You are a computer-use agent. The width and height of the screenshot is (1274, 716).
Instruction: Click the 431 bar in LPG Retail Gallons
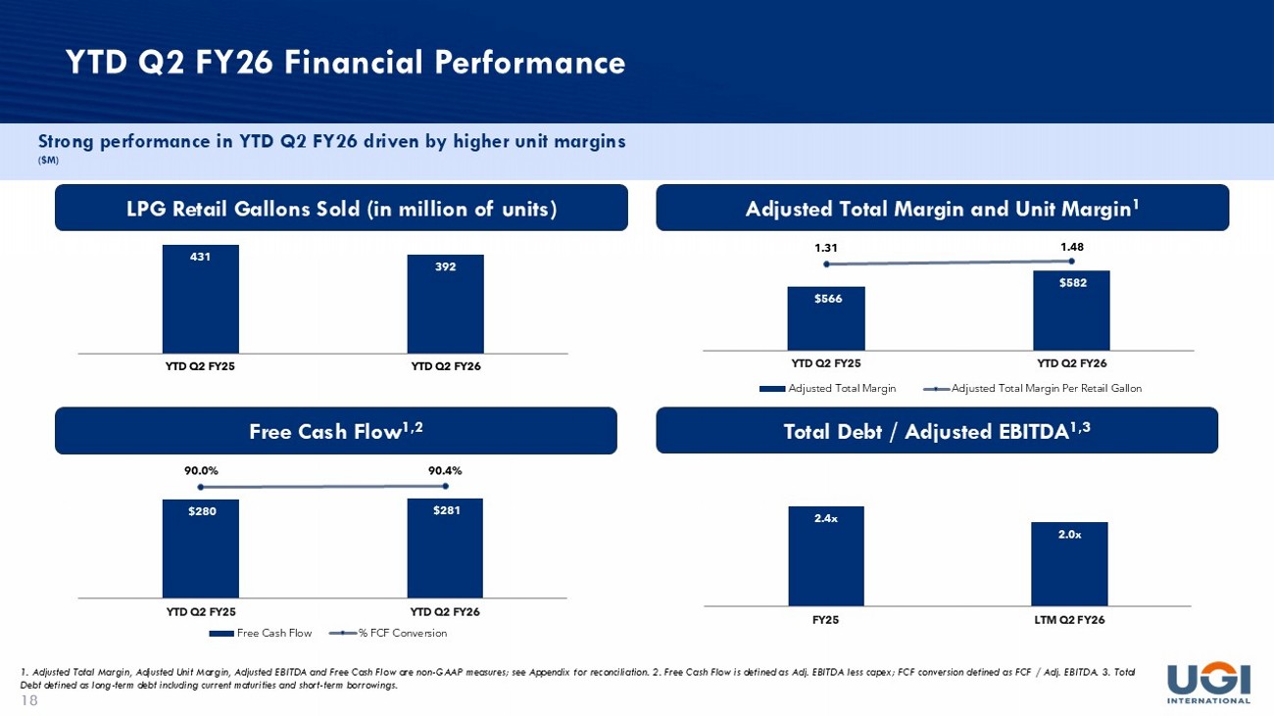[x=201, y=299]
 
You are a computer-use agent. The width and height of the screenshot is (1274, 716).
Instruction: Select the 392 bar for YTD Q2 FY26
[x=445, y=304]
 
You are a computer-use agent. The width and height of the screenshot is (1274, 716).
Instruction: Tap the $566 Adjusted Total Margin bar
[x=826, y=318]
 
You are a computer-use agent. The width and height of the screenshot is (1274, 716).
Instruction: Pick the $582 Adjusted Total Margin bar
[x=1071, y=310]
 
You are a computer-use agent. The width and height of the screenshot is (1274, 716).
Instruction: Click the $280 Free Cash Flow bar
[x=201, y=549]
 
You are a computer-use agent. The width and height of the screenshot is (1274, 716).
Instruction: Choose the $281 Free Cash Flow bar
[x=445, y=548]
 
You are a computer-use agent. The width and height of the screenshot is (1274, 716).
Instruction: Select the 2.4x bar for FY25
[x=826, y=555]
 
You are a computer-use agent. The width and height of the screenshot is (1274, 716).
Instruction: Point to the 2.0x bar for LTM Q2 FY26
[x=1069, y=564]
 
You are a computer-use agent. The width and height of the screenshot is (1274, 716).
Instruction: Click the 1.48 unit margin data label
[x=1072, y=247]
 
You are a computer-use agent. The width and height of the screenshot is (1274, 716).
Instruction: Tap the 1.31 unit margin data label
[x=826, y=248]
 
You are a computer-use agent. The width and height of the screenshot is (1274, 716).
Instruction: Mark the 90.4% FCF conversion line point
[x=445, y=486]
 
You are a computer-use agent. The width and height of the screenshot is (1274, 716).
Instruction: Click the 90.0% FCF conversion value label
[x=201, y=470]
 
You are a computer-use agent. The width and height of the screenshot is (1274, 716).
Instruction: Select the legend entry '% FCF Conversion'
[x=388, y=633]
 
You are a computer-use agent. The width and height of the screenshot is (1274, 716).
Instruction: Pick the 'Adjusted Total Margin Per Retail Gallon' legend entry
[x=1032, y=388]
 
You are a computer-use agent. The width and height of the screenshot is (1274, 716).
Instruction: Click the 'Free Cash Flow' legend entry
[x=261, y=633]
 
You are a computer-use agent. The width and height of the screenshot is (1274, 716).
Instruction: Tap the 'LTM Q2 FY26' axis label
[x=1069, y=619]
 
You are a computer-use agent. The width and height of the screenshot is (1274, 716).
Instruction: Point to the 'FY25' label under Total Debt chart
[x=826, y=619]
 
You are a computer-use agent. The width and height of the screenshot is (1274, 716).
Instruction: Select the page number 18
[x=29, y=700]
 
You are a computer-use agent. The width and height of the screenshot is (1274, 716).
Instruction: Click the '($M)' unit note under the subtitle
[x=48, y=161]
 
